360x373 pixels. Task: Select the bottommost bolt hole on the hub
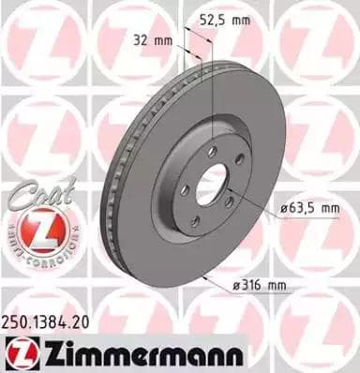(x=194, y=222)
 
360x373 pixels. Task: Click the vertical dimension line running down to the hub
(x=214, y=94)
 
